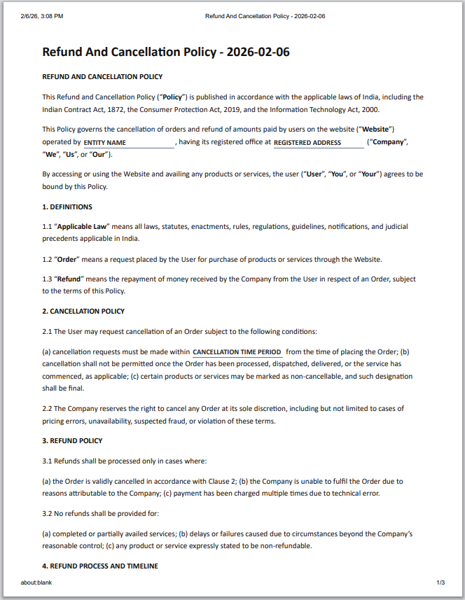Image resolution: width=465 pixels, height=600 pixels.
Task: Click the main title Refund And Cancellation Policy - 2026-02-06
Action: (166, 52)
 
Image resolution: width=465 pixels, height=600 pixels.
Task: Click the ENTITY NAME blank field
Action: (129, 143)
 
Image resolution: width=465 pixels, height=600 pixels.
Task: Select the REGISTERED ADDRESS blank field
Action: (318, 143)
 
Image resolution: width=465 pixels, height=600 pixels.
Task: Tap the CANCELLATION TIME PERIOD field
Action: (237, 352)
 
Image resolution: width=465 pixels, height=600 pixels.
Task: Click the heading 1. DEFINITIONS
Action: (67, 207)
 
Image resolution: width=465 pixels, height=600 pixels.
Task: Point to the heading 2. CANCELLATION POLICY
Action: (83, 311)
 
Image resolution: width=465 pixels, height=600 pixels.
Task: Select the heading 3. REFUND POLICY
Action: (72, 440)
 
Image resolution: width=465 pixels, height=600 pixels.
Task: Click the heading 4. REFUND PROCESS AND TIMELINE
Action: (100, 566)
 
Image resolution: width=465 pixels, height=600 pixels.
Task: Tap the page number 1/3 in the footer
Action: (441, 582)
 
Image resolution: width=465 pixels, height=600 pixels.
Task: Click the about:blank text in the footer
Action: (36, 582)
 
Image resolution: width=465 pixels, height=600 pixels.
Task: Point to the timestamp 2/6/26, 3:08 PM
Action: (42, 15)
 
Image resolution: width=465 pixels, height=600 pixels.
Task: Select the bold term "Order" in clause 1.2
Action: (68, 259)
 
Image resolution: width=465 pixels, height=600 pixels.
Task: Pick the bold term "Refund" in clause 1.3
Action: (70, 279)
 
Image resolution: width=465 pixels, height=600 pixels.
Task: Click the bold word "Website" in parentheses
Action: (376, 129)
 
